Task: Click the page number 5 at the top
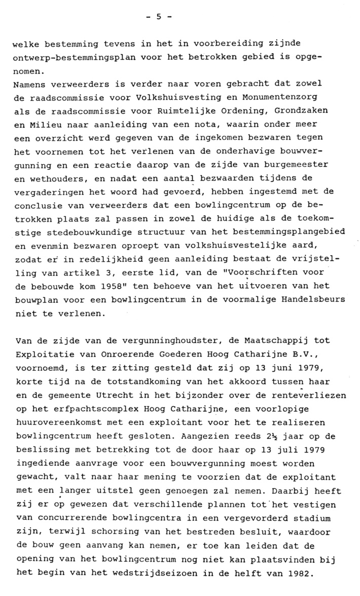tap(158, 16)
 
